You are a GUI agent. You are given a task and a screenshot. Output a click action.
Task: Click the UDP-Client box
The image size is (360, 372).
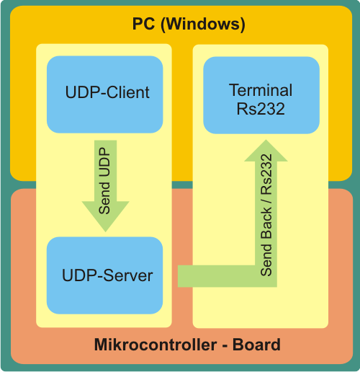pyautogui.click(x=105, y=94)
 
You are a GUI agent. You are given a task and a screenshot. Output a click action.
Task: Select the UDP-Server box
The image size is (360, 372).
pyautogui.click(x=104, y=275)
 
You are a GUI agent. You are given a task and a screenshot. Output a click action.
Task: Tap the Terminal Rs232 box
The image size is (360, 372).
pyautogui.click(x=261, y=95)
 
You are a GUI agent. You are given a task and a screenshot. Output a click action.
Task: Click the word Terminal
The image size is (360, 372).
pyautogui.click(x=261, y=90)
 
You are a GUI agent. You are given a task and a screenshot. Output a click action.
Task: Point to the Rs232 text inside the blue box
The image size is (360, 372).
pyautogui.click(x=261, y=109)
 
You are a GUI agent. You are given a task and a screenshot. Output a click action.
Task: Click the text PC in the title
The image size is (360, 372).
pyautogui.click(x=143, y=24)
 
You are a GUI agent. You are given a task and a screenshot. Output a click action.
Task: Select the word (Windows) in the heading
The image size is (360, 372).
pyautogui.click(x=203, y=25)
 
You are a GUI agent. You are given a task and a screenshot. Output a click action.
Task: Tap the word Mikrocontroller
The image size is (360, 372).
pyautogui.click(x=156, y=345)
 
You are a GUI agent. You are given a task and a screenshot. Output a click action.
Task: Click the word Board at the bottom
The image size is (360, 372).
pyautogui.click(x=256, y=345)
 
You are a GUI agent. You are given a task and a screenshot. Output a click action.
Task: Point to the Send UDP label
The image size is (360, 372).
pyautogui.click(x=104, y=181)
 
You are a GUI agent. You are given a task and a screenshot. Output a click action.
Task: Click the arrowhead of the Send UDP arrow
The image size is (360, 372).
pyautogui.click(x=106, y=216)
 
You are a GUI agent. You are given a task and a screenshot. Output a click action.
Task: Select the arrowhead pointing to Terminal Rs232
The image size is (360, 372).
pyautogui.click(x=266, y=151)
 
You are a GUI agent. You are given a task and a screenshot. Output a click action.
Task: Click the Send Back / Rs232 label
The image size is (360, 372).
pyautogui.click(x=266, y=215)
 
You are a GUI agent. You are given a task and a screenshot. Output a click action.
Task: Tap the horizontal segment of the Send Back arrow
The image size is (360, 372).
pyautogui.click(x=228, y=276)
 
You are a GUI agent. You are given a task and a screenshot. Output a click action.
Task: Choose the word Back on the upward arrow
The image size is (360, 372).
pyautogui.click(x=266, y=223)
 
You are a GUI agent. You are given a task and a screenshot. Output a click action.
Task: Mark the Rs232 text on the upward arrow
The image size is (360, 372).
pyautogui.click(x=266, y=174)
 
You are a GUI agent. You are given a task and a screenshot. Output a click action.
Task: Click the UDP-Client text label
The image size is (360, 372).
pyautogui.click(x=107, y=92)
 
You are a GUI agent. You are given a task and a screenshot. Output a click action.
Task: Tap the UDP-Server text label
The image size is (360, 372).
pyautogui.click(x=107, y=275)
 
